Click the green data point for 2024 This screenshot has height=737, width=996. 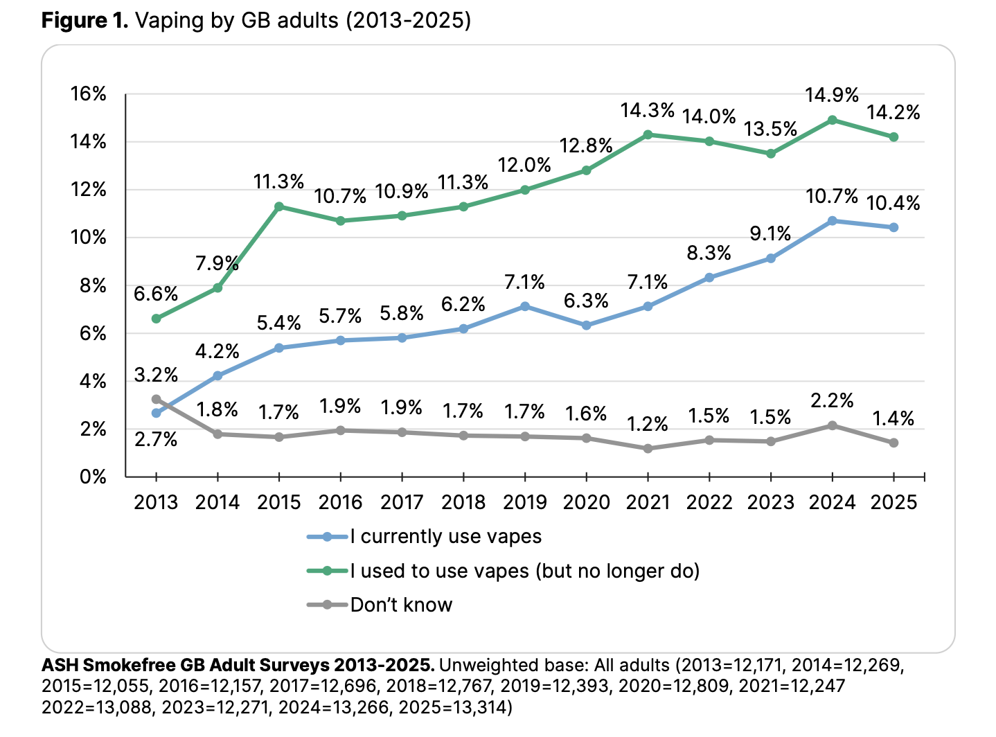(832, 120)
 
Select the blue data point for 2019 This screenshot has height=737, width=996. (525, 306)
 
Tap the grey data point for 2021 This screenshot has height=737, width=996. (648, 449)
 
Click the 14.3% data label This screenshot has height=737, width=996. (648, 110)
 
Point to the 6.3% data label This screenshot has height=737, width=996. (586, 301)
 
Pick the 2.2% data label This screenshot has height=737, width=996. (832, 400)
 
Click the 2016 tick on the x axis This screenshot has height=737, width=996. (340, 502)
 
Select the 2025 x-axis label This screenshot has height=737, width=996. (893, 502)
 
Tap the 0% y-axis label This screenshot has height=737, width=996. (93, 477)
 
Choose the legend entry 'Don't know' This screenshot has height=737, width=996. (401, 605)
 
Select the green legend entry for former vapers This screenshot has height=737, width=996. (524, 571)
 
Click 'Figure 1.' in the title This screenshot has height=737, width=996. (85, 21)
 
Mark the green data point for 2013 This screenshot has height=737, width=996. (157, 319)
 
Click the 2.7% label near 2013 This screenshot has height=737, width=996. (156, 439)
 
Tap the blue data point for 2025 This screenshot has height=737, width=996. (893, 227)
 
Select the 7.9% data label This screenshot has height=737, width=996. (217, 263)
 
